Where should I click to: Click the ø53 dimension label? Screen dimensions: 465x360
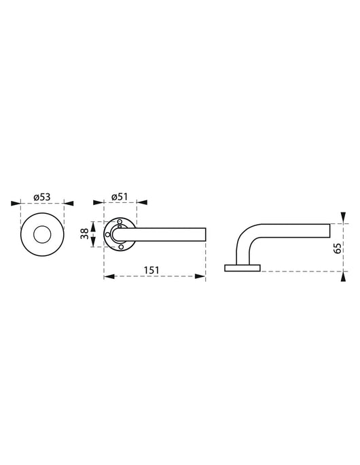pyautogui.click(x=42, y=196)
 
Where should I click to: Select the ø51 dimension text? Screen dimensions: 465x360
pyautogui.click(x=120, y=196)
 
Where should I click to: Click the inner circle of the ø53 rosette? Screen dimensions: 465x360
pyautogui.click(x=42, y=234)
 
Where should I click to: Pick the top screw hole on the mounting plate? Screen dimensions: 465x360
pyautogui.click(x=120, y=222)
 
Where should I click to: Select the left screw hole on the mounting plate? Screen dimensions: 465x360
pyautogui.click(x=107, y=234)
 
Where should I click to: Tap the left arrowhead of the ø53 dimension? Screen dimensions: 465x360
pyautogui.click(x=16, y=202)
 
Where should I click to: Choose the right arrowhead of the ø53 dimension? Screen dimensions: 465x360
pyautogui.click(x=69, y=202)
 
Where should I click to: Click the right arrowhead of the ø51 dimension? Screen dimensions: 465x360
pyautogui.click(x=142, y=202)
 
